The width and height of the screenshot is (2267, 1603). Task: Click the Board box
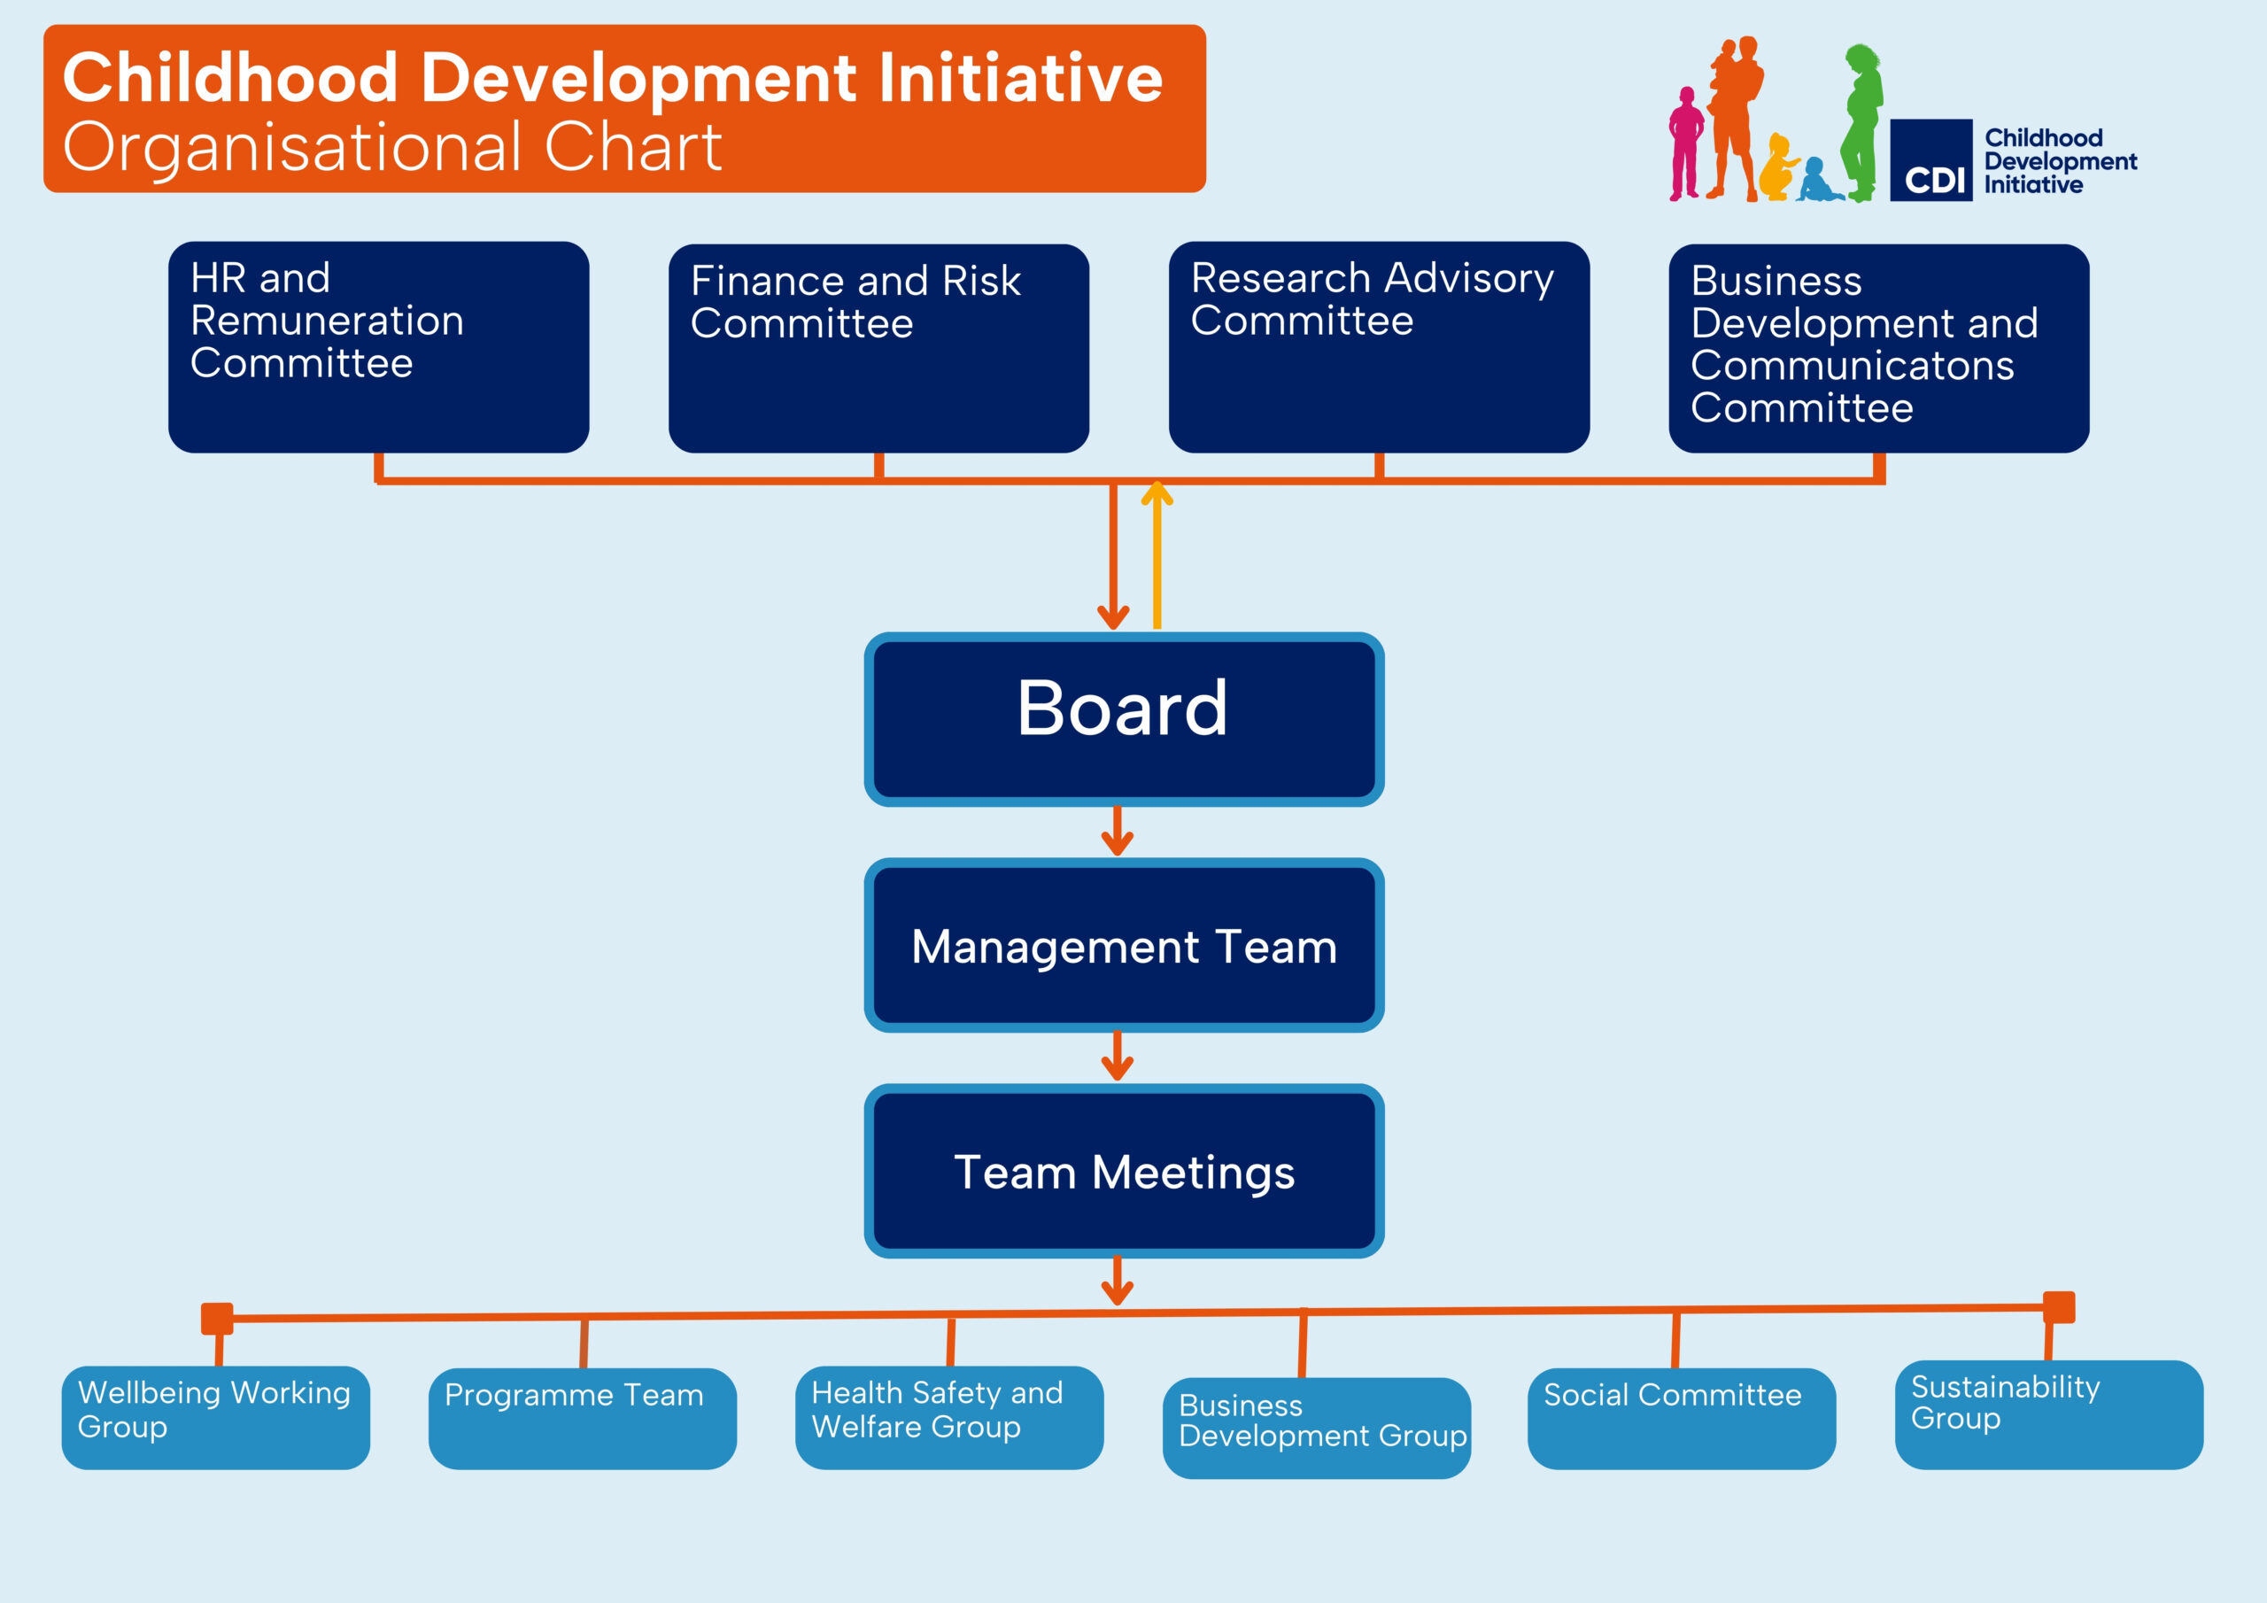click(1124, 719)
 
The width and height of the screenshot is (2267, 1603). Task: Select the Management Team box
click(1124, 945)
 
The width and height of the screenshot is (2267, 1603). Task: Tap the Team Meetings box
click(1124, 1172)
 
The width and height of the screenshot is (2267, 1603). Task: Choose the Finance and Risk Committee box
click(878, 348)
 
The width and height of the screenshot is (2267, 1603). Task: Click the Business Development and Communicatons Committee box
click(1879, 348)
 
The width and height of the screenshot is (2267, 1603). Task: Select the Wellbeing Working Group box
click(215, 1417)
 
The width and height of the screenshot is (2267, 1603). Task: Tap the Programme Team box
click(583, 1418)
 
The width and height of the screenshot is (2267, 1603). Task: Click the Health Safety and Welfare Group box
click(950, 1417)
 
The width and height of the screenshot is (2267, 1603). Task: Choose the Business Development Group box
click(1317, 1429)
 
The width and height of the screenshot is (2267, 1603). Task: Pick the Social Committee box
click(1682, 1418)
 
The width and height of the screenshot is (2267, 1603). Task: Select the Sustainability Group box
click(2049, 1414)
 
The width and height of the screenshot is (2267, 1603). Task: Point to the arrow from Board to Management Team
click(1117, 832)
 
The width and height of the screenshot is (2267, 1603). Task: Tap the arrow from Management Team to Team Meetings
click(1117, 1057)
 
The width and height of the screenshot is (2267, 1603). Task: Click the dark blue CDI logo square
click(1931, 160)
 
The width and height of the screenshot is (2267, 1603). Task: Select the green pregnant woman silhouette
click(1861, 122)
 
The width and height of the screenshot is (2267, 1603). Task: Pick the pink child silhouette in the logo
click(1685, 144)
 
